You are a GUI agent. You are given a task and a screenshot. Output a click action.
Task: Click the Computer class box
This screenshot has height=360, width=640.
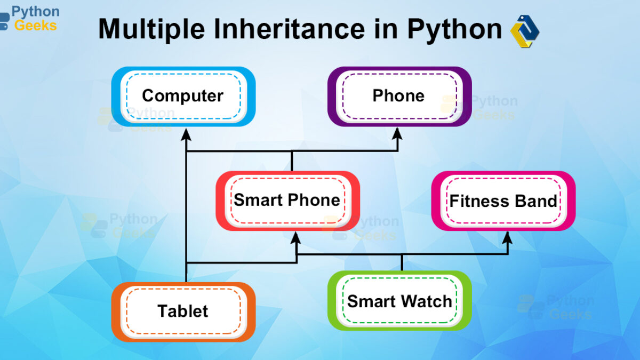(x=183, y=97)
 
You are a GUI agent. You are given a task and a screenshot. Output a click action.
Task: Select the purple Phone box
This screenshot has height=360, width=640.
(x=399, y=97)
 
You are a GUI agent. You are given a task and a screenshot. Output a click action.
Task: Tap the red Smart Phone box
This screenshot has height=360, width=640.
(x=287, y=201)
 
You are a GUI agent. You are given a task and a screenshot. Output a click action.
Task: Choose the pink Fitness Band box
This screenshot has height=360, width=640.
(x=503, y=201)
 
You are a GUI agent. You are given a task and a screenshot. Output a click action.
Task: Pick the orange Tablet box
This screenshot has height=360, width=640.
(x=183, y=312)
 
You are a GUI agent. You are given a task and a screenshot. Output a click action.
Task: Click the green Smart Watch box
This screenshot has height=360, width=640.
(x=399, y=301)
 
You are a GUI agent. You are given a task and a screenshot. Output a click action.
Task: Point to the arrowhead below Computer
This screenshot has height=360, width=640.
(x=186, y=134)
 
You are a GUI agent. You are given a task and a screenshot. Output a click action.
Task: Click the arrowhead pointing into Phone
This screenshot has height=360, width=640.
(x=397, y=134)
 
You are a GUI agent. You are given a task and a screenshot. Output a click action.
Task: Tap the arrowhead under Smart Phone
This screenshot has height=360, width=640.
(x=295, y=238)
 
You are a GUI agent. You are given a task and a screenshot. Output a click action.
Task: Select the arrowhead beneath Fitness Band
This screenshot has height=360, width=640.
(x=507, y=238)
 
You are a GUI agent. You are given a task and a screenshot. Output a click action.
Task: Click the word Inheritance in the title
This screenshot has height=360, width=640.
(x=289, y=29)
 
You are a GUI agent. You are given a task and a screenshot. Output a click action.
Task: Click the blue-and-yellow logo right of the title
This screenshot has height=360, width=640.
(x=525, y=31)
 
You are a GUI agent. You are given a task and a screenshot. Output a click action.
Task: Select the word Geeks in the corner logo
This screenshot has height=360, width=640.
(x=35, y=26)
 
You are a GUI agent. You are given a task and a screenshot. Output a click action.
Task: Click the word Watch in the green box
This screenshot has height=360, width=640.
(x=427, y=301)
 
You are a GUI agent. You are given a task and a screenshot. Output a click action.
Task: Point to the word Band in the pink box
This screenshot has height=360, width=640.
(x=536, y=201)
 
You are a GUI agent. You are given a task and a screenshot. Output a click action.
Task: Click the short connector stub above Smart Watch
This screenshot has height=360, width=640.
(x=402, y=262)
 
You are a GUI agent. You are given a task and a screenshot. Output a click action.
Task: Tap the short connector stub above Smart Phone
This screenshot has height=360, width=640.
(x=292, y=161)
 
